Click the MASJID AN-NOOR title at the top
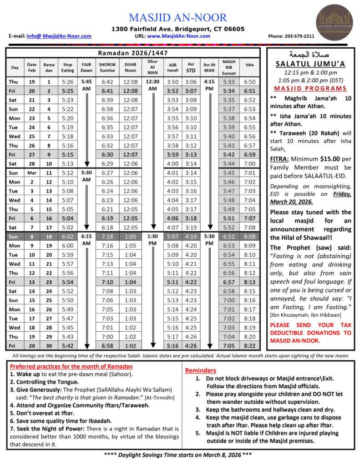(177, 18)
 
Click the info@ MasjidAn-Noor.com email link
(59, 36)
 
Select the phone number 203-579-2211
(298, 36)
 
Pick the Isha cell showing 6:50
(249, 82)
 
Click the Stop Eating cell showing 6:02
(67, 237)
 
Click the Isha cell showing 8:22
(249, 346)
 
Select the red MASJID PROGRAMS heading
(310, 88)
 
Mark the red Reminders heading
(201, 370)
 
